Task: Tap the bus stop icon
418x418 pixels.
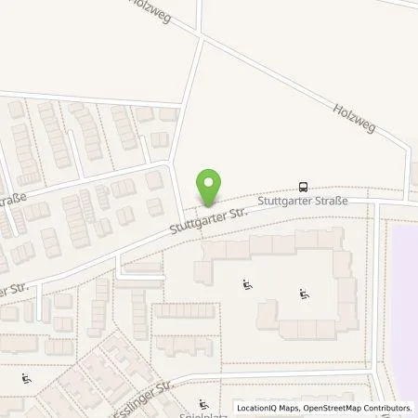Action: pos(303,186)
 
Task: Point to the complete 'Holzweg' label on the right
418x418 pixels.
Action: pos(354,117)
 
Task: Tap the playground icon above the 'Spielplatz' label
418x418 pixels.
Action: pos(202,402)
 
